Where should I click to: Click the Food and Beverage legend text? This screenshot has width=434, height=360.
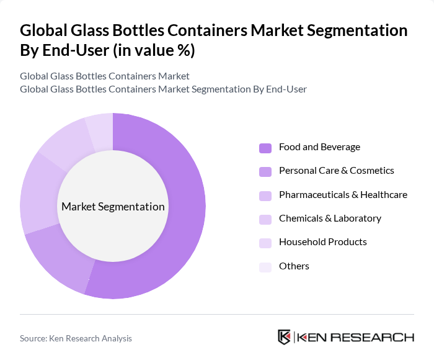pyautogui.click(x=319, y=147)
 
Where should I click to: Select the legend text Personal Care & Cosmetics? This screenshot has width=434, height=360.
pyautogui.click(x=336, y=171)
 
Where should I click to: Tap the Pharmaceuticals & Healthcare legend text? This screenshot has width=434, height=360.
pyautogui.click(x=343, y=194)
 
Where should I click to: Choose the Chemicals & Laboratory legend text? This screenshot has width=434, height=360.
pyautogui.click(x=330, y=218)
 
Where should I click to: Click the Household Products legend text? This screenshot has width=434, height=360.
pyautogui.click(x=322, y=242)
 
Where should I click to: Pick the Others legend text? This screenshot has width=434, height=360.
pyautogui.click(x=294, y=266)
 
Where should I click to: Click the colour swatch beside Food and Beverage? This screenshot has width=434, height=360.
pyautogui.click(x=265, y=148)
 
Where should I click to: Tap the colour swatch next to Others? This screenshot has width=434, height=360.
pyautogui.click(x=265, y=267)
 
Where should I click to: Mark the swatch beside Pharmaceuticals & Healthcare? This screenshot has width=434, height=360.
pyautogui.click(x=265, y=196)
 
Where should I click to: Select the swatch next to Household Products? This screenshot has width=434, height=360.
pyautogui.click(x=265, y=243)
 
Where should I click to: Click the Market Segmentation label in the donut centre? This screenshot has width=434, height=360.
pyautogui.click(x=113, y=207)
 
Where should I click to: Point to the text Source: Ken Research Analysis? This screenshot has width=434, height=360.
pyautogui.click(x=76, y=338)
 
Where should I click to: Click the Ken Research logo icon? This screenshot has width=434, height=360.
pyautogui.click(x=285, y=338)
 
